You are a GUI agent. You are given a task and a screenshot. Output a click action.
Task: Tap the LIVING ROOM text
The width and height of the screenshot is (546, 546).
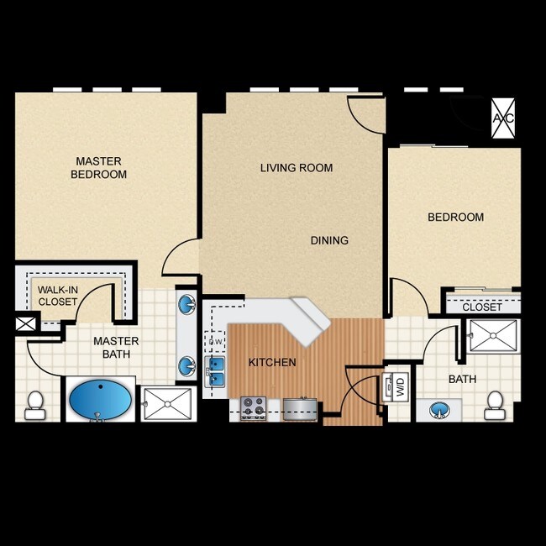(x=296, y=168)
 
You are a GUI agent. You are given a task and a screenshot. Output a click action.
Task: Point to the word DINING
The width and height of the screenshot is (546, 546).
(x=329, y=240)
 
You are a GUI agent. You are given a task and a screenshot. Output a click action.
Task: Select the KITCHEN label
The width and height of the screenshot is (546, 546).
(x=272, y=363)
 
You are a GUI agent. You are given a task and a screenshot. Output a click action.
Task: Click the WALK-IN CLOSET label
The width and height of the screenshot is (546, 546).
(x=58, y=296)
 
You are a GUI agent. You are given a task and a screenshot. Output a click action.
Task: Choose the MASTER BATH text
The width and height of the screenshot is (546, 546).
(x=116, y=349)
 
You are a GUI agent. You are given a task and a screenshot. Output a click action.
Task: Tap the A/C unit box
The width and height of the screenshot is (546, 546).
(x=503, y=118)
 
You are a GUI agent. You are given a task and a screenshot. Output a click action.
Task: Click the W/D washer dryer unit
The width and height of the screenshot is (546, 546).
(x=395, y=387)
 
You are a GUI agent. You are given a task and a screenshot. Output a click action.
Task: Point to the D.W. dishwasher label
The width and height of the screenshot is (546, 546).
(x=215, y=342)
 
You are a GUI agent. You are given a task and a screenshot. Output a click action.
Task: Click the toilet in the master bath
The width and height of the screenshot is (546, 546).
(x=35, y=405)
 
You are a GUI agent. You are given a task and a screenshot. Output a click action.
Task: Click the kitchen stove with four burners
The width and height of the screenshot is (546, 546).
(x=253, y=408)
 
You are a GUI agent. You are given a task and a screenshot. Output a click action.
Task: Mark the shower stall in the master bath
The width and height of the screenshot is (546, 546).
(x=166, y=403)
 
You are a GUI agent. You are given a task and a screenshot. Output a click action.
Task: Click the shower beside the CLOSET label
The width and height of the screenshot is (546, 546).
(x=494, y=336)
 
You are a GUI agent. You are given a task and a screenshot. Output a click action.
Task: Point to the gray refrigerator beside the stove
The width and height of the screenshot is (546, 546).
(x=299, y=409)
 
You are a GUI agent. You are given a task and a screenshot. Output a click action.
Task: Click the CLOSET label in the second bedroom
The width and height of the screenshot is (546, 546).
(x=482, y=307)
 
